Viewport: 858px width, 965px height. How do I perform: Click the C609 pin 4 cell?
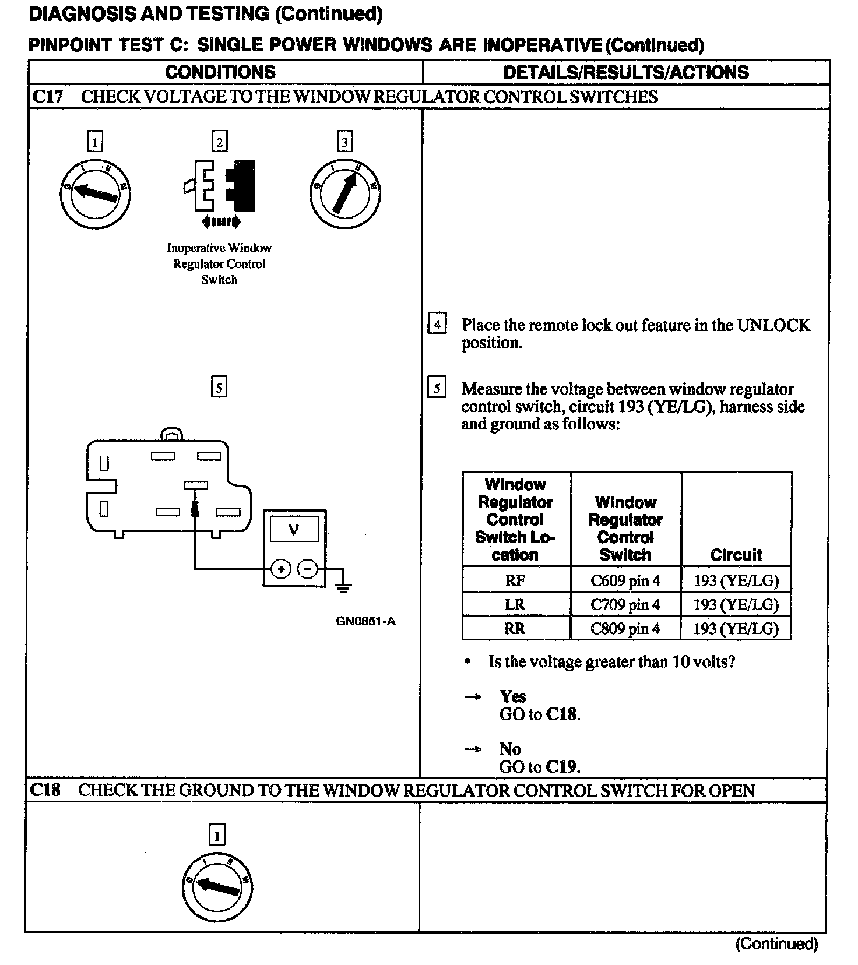(625, 580)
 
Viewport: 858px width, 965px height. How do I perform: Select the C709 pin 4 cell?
(625, 604)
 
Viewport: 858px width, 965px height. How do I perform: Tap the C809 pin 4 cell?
(625, 628)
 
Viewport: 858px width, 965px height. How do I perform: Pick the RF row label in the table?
(515, 580)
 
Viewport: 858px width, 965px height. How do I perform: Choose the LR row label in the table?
(515, 604)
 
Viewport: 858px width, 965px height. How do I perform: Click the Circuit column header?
(736, 554)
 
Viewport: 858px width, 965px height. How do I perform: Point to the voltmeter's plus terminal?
(282, 569)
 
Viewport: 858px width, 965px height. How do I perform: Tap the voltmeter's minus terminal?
(308, 569)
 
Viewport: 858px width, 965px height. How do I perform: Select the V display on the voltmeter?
(294, 530)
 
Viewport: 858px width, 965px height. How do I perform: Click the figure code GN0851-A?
(365, 621)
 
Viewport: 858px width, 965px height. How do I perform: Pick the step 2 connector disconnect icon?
(220, 186)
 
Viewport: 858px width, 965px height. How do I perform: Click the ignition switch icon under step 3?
(345, 193)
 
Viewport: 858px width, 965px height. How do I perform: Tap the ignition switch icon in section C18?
(217, 886)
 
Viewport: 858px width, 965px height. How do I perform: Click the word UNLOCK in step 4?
(773, 325)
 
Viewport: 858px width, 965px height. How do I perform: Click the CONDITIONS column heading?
(220, 72)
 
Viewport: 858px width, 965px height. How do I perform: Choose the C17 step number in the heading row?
(47, 97)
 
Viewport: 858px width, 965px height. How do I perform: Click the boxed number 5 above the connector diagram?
(219, 388)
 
